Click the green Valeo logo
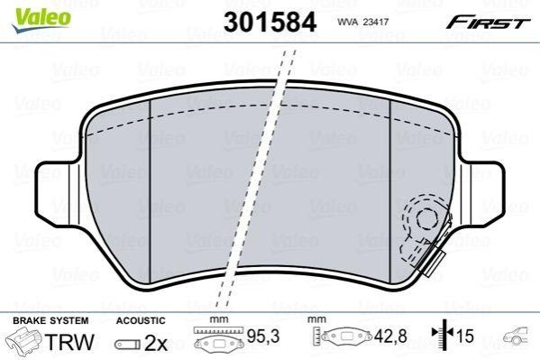[41, 19]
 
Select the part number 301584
[270, 22]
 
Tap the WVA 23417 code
[362, 22]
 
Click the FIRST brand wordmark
[488, 23]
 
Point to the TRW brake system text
[69, 342]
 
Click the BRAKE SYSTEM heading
[50, 320]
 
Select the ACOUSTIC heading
[141, 320]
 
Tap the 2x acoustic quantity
[156, 343]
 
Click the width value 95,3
[263, 336]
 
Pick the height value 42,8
[390, 336]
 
